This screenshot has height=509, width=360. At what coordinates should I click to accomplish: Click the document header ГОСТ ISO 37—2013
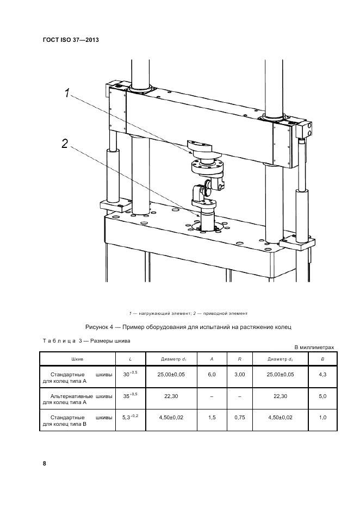tap(71, 40)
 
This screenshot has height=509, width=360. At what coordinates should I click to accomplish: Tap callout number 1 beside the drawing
tap(67, 94)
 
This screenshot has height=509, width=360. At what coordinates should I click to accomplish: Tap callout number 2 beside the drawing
tap(64, 144)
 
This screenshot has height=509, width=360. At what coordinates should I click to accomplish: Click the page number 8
tap(45, 463)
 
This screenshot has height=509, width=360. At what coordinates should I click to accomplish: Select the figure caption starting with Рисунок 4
tap(189, 327)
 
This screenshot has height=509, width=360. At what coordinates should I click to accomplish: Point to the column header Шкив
tap(77, 359)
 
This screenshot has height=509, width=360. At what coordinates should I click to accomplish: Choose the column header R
tap(240, 359)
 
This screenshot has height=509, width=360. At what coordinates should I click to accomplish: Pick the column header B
tap(322, 359)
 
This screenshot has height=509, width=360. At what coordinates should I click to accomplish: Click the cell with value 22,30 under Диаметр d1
tap(172, 396)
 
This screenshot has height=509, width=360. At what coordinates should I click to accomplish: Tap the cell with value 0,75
tap(240, 418)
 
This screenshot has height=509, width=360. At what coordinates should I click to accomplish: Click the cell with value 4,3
tap(322, 375)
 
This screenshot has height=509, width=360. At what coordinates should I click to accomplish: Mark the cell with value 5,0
tap(322, 396)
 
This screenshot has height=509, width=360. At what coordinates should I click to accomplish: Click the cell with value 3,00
tap(240, 375)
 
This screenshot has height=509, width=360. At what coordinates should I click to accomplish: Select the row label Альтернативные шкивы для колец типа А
tap(77, 400)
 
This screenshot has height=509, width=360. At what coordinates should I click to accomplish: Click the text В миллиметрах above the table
tap(314, 347)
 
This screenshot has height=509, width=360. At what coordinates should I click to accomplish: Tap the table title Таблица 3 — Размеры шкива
tap(86, 341)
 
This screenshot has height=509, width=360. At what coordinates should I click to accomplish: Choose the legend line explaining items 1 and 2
tap(188, 313)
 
